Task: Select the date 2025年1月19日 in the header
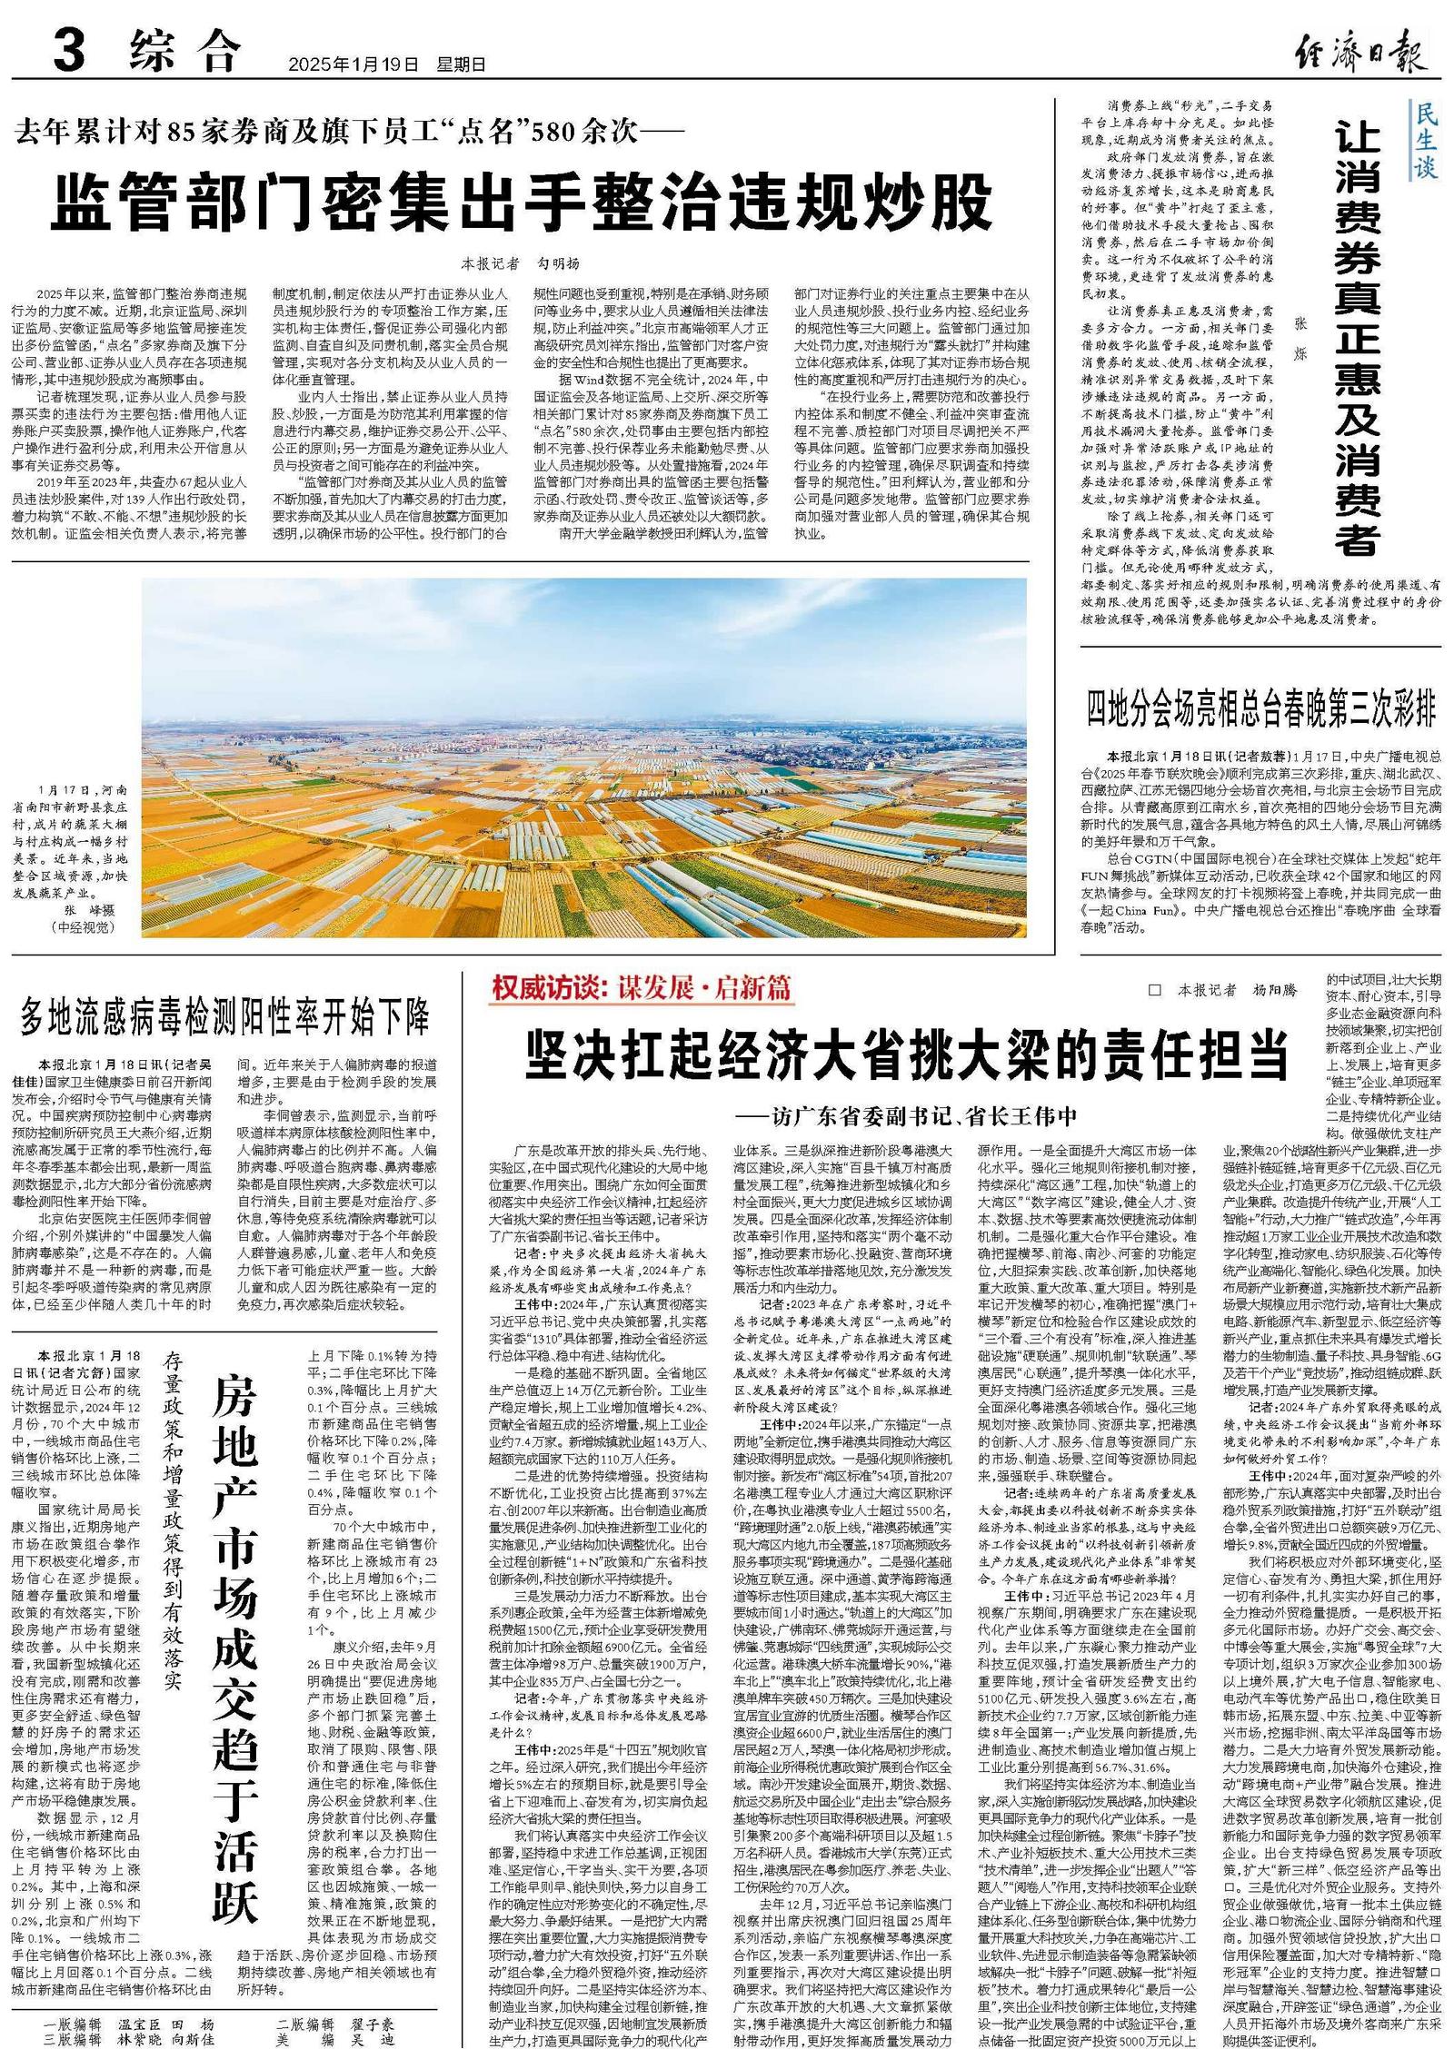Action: (354, 64)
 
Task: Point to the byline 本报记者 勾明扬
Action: (520, 264)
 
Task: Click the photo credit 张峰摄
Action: (85, 909)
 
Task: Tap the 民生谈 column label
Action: (1426, 141)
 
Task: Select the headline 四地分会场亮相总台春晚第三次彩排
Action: (1262, 708)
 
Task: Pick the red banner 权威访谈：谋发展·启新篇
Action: (641, 989)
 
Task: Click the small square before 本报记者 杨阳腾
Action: (1155, 990)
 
